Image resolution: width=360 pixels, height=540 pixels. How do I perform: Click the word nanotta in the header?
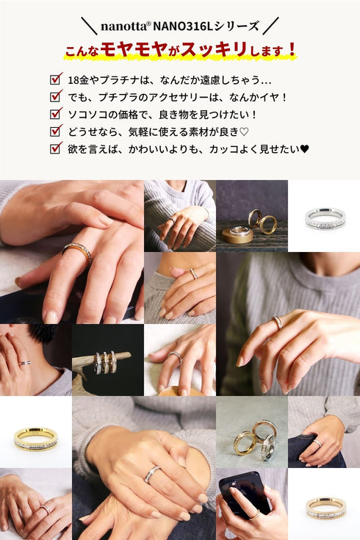(123, 26)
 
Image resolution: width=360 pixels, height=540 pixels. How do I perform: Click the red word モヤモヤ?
(134, 50)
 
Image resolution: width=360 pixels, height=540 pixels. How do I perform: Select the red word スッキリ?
(214, 50)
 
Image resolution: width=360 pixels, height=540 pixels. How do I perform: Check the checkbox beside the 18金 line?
(56, 79)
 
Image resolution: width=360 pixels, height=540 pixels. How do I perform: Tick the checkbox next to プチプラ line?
(56, 96)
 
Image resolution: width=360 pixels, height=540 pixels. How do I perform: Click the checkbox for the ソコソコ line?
(56, 113)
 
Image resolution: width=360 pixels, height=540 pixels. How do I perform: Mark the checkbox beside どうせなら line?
(56, 131)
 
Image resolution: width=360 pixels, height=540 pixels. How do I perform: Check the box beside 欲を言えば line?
(56, 148)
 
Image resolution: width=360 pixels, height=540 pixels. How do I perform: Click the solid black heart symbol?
(305, 149)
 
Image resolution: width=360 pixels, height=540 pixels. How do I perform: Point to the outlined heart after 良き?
(244, 132)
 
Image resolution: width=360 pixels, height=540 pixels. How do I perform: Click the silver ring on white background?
(325, 218)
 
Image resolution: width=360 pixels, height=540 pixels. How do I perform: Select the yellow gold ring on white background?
(35, 439)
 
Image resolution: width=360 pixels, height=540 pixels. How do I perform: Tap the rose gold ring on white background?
(325, 508)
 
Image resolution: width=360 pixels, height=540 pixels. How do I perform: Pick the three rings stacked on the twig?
(105, 362)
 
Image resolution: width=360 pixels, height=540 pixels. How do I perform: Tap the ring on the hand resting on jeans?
(317, 443)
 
